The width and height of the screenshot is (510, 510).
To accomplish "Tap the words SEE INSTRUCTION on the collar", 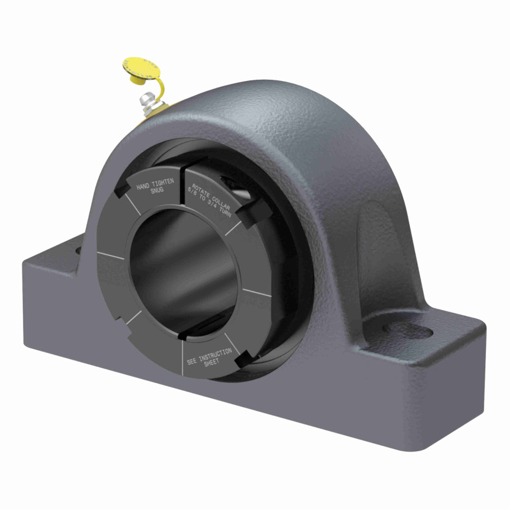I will pos(209,356).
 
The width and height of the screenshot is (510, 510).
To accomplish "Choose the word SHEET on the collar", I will pos(211,363).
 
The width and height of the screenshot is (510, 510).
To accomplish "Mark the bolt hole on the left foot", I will pos(78,250).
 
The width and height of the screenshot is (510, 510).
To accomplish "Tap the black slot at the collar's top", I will pos(182,178).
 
